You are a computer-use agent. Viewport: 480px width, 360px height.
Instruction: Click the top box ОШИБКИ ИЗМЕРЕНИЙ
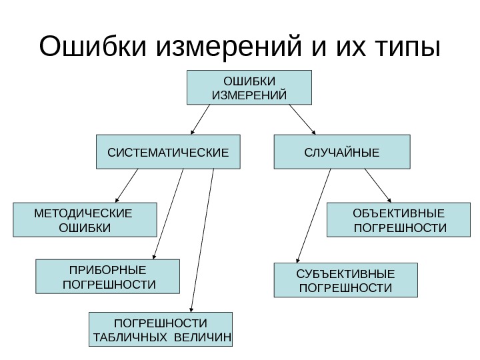point(249,87)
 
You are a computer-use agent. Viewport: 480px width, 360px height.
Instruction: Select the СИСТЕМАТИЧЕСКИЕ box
point(168,153)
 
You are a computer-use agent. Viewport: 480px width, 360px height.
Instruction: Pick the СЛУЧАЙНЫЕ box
point(342,153)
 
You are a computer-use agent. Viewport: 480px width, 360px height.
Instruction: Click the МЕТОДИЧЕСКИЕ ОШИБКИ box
point(85,220)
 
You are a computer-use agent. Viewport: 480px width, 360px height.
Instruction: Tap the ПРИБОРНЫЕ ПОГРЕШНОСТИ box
point(108,277)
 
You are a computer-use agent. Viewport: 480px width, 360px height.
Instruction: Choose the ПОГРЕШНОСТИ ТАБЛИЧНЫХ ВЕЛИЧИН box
point(161,330)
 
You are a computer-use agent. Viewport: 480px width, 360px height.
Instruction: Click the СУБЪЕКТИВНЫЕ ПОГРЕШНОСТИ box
point(345,280)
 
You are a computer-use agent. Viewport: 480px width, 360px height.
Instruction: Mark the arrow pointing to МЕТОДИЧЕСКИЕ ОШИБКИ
point(126,185)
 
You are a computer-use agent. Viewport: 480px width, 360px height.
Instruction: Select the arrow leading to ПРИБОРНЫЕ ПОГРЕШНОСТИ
point(169,214)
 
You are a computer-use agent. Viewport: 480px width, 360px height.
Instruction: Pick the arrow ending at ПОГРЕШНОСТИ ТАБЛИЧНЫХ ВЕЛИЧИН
point(203,240)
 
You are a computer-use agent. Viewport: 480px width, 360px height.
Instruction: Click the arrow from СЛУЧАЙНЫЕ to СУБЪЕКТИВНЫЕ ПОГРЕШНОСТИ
point(313,216)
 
